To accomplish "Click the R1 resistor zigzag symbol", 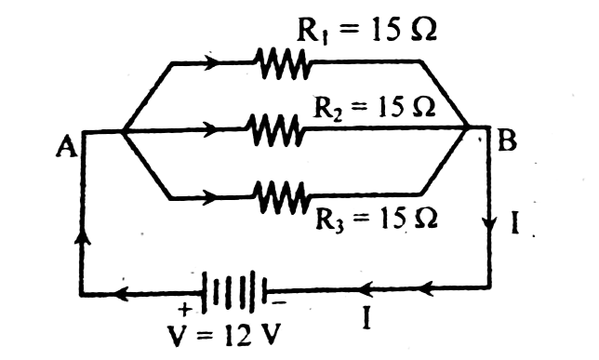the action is coord(283,63).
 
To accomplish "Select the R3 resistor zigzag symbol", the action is coord(283,197).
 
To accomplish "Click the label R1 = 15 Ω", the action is coord(366,30).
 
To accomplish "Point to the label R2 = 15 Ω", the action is coord(374,107).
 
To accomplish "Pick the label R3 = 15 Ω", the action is coord(377,220).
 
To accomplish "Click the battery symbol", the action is coord(234,290).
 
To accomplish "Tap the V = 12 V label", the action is coord(224,335).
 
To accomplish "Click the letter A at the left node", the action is coord(66,148).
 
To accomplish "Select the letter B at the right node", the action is coord(508,140).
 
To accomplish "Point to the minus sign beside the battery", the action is coord(279,302).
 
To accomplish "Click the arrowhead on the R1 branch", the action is coord(211,62).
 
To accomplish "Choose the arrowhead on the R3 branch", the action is coord(210,197).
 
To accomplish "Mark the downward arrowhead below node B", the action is coord(489,223).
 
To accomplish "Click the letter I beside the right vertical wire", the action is coord(514,221).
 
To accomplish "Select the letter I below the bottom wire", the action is coord(366,318).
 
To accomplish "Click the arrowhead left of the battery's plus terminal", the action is coord(122,294).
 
